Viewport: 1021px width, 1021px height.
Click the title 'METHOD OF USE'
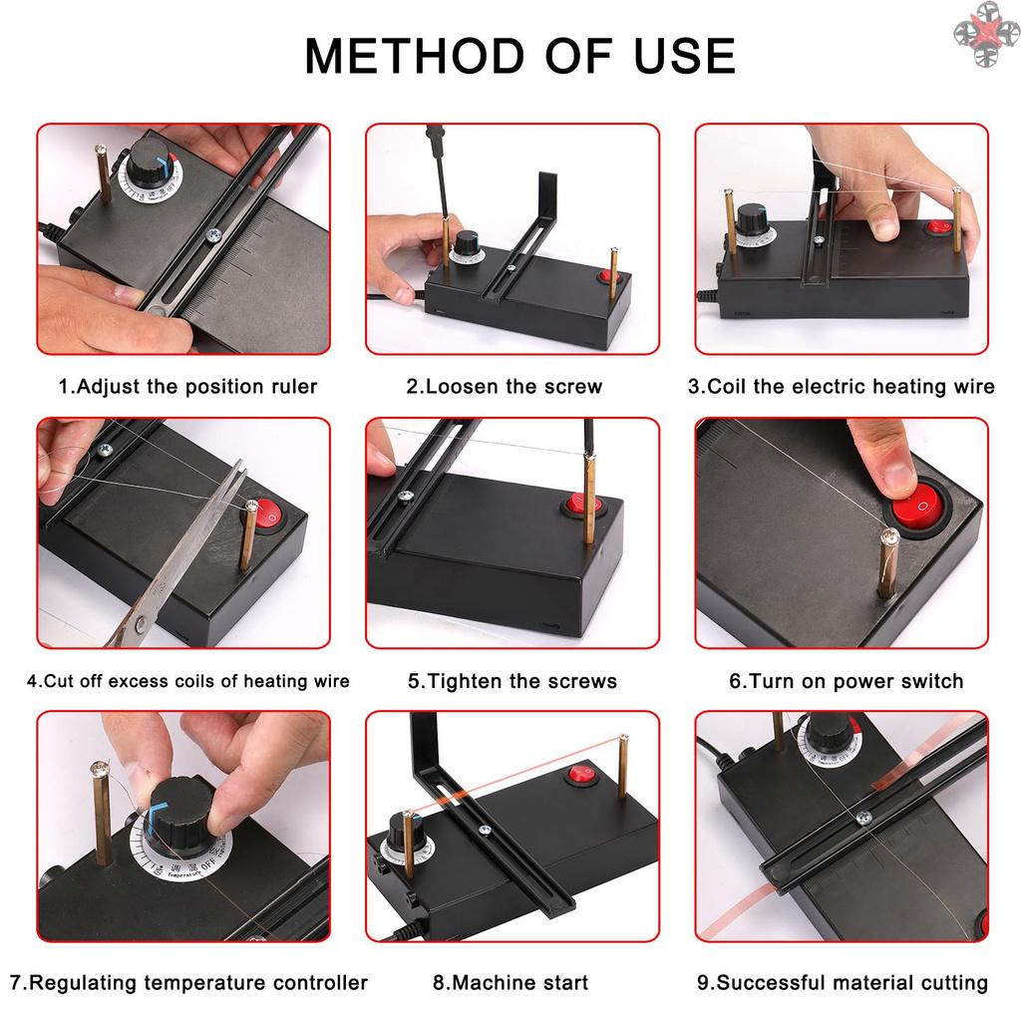519,56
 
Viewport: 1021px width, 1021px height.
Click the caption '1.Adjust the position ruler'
188,387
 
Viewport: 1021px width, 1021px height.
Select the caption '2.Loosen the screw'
505,387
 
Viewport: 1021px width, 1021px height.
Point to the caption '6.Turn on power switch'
846,682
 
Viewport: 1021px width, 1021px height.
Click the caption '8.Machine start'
510,983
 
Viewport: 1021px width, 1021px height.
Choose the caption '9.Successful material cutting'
843,983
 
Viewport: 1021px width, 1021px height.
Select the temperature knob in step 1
151,162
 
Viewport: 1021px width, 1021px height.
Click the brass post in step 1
103,172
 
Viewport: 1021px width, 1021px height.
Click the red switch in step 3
938,227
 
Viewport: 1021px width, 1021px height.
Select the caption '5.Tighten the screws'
512,682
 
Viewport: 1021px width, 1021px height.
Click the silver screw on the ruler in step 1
211,235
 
